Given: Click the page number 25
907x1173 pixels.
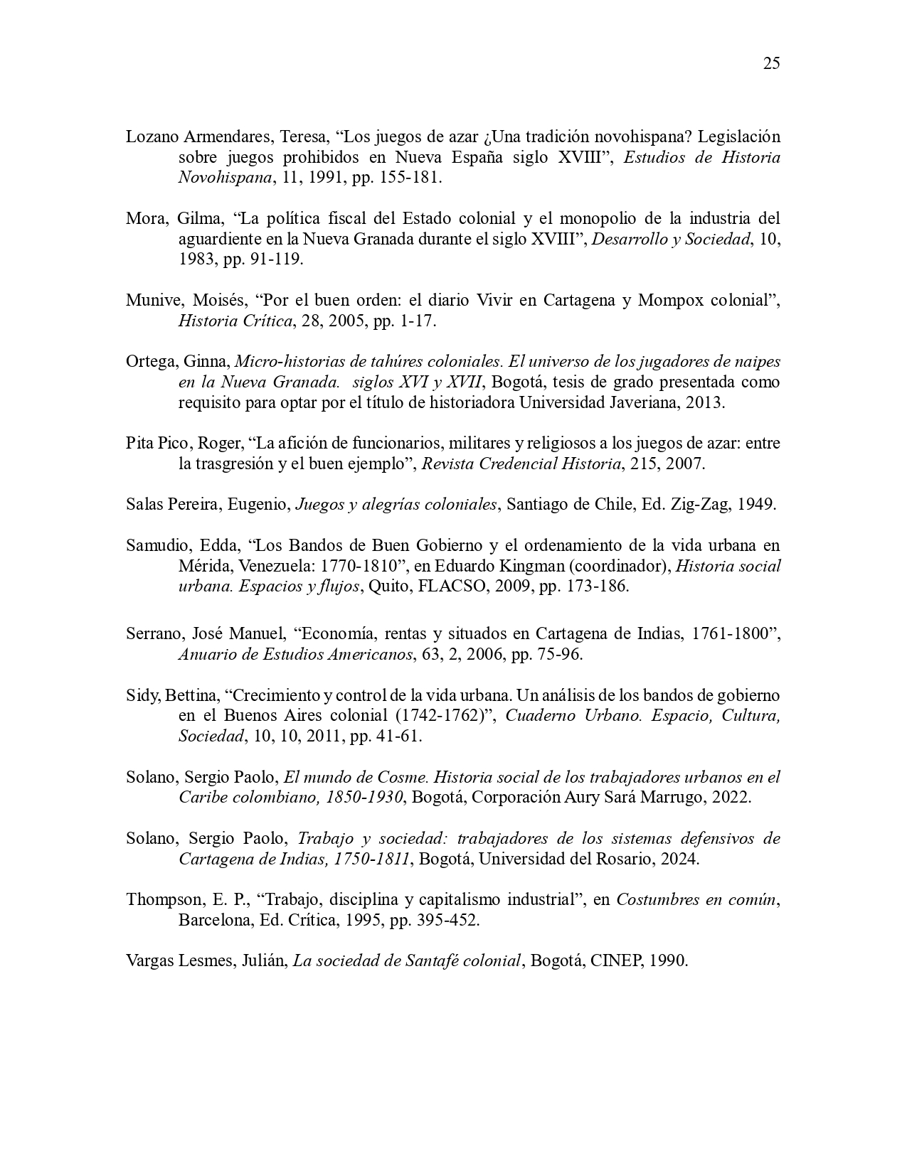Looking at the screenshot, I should click(771, 63).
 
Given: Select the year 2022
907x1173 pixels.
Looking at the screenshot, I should click(730, 797).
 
